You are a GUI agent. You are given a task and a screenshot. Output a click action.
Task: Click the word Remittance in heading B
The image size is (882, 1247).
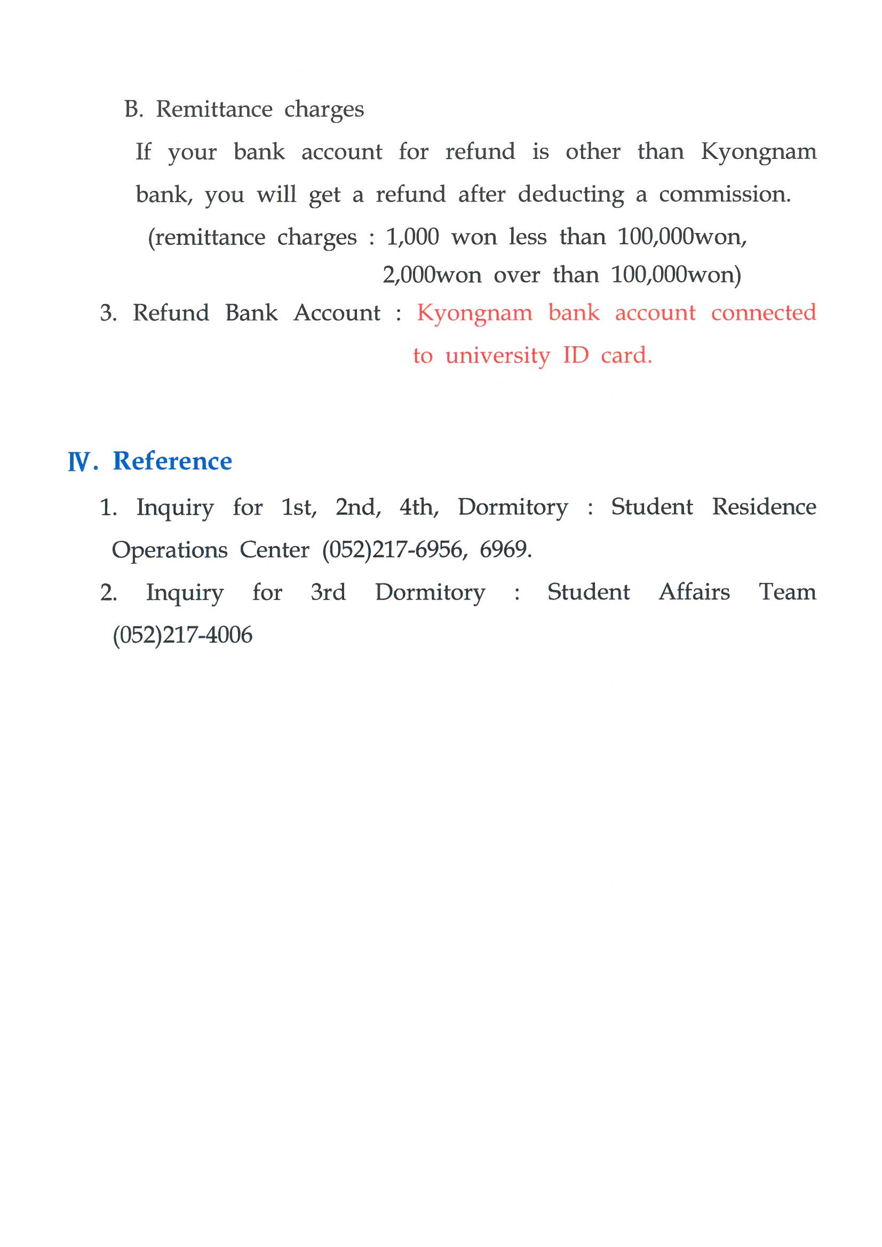pyautogui.click(x=214, y=109)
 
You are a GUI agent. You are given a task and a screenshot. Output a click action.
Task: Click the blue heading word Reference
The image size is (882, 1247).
pyautogui.click(x=172, y=461)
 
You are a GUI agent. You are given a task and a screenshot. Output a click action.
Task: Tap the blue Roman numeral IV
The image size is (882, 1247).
pyautogui.click(x=80, y=462)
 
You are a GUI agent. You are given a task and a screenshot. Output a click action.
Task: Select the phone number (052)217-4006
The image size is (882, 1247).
pyautogui.click(x=182, y=635)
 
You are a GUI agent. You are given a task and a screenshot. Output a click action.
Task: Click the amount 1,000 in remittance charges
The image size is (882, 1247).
pyautogui.click(x=412, y=237)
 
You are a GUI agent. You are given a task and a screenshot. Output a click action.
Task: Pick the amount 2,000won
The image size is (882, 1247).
pyautogui.click(x=432, y=275)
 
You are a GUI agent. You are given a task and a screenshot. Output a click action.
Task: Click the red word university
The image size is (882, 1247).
pyautogui.click(x=498, y=356)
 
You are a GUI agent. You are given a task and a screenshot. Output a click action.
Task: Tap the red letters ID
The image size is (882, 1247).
pyautogui.click(x=576, y=355)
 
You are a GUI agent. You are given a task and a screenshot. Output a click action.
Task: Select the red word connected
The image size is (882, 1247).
pyautogui.click(x=764, y=313)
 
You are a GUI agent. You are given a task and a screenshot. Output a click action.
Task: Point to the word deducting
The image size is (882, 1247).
pyautogui.click(x=570, y=195)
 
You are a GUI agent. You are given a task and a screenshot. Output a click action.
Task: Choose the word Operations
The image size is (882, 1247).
pyautogui.click(x=170, y=550)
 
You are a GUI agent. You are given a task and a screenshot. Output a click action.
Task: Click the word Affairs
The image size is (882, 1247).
pyautogui.click(x=694, y=592)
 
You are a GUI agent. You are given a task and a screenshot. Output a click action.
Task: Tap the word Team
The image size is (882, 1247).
pyautogui.click(x=788, y=592)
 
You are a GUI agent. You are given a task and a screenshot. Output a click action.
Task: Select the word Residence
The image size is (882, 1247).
pyautogui.click(x=764, y=507)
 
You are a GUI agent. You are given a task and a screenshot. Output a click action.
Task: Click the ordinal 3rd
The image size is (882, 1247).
pyautogui.click(x=328, y=592)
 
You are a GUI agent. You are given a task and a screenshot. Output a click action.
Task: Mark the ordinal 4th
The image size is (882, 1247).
pyautogui.click(x=418, y=507)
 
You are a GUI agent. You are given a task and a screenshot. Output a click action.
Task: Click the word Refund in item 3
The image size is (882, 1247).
pyautogui.click(x=171, y=313)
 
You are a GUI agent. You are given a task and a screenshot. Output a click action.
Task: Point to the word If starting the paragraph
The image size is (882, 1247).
pyautogui.click(x=143, y=151)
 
